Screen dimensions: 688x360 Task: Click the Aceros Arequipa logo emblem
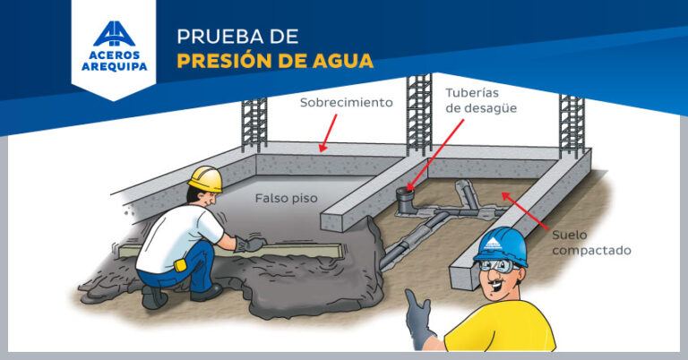tap(114, 34)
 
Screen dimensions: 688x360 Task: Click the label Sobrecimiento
tap(346, 103)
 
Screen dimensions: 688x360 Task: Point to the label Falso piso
tap(286, 198)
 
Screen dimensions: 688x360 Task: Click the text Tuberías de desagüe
tap(481, 100)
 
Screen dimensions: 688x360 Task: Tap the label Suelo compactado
tap(591, 243)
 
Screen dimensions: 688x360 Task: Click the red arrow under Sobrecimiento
tap(329, 133)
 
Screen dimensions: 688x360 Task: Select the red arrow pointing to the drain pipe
tap(435, 155)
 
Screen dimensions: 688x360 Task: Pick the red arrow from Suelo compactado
tap(525, 211)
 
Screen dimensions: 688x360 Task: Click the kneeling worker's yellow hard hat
tap(206, 178)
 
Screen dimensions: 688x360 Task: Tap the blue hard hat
tap(501, 246)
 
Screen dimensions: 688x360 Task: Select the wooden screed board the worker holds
tap(231, 250)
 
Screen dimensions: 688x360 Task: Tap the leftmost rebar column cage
tap(254, 125)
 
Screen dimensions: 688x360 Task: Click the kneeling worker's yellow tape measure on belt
tap(179, 265)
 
